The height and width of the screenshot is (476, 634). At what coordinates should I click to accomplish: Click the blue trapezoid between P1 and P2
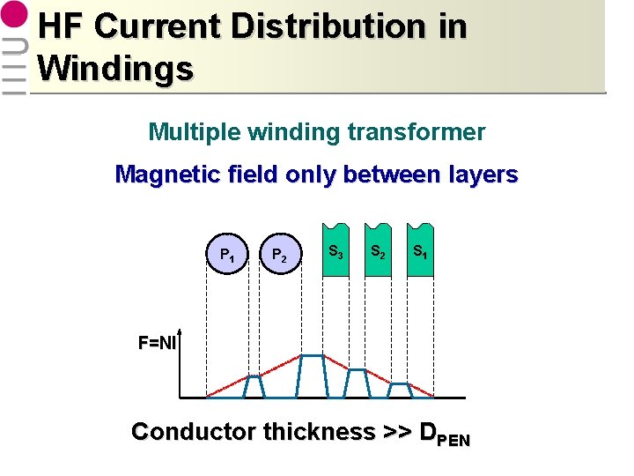click(x=253, y=387)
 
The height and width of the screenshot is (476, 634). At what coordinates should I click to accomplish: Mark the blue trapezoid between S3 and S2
click(x=357, y=383)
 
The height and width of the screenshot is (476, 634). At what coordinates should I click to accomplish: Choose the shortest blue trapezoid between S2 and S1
click(x=400, y=390)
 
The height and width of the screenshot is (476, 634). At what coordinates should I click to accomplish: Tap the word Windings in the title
click(x=115, y=67)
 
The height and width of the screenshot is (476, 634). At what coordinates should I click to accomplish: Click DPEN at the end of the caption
click(x=446, y=434)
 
